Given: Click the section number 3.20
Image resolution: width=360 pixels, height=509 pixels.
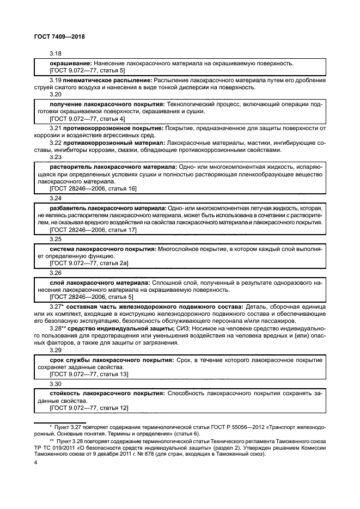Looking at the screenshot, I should coord(55,94).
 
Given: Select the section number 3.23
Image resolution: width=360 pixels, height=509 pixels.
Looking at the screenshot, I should coord(55,156).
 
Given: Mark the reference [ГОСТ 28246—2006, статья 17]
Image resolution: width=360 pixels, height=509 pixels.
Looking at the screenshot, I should coord(93,230).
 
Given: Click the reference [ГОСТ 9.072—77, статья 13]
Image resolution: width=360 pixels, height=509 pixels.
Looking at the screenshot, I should coord(89,375).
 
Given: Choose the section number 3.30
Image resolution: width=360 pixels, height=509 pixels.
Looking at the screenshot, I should coord(55,384).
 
